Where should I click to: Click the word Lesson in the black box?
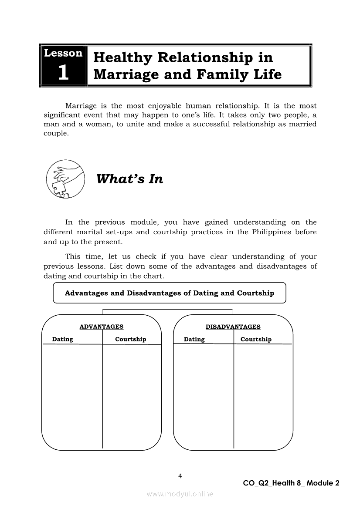(x=63, y=54)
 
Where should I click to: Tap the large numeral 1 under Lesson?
(x=63, y=73)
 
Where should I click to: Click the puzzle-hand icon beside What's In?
(x=64, y=179)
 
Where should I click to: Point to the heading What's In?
(x=129, y=179)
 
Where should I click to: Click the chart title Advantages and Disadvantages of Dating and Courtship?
(x=169, y=293)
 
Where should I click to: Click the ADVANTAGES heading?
(x=102, y=327)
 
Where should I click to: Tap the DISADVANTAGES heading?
(x=233, y=327)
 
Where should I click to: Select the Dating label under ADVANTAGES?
(x=63, y=339)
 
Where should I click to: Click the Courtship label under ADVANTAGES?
(x=130, y=339)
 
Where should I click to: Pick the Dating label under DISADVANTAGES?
(x=194, y=339)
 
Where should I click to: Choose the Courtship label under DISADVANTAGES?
(x=256, y=339)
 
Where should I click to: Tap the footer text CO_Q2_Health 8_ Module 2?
(x=291, y=483)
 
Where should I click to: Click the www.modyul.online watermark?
(x=180, y=494)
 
